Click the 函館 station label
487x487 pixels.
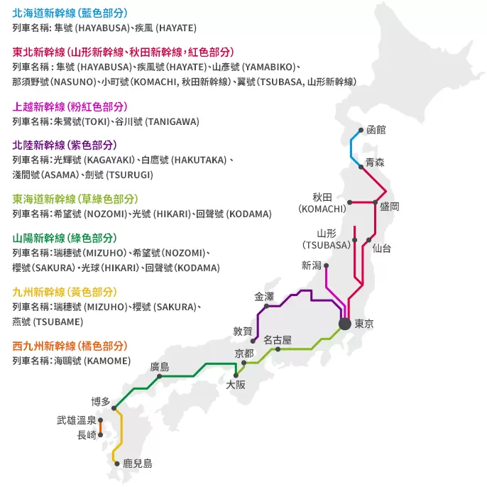(376, 130)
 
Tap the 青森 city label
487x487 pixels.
(375, 163)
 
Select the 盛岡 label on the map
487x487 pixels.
(390, 207)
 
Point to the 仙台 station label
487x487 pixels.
(381, 248)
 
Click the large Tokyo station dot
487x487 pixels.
(345, 324)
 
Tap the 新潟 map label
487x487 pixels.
(312, 266)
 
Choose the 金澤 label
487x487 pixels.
(264, 296)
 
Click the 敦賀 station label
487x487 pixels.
(243, 331)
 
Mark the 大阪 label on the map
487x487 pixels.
(236, 385)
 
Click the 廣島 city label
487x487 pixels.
(160, 367)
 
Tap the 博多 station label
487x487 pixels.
(101, 401)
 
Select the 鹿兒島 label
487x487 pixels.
(138, 464)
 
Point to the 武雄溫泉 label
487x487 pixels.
(77, 420)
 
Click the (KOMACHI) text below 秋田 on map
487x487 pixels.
(322, 209)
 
